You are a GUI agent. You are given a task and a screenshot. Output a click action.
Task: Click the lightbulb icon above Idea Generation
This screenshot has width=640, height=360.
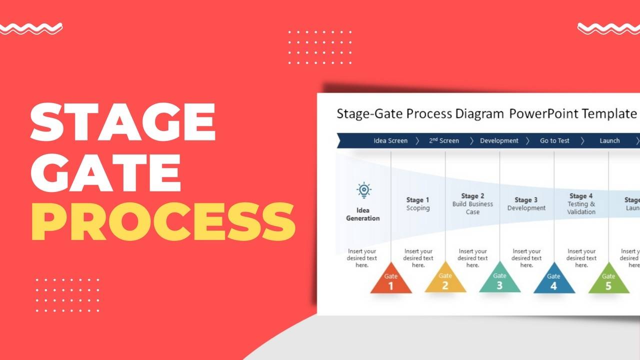click(363, 190)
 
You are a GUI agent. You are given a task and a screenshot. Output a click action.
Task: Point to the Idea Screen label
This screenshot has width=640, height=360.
click(390, 141)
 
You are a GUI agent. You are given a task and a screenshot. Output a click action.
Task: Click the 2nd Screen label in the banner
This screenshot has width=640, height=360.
click(444, 141)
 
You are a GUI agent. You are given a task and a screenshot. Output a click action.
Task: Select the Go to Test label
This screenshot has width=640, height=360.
click(554, 141)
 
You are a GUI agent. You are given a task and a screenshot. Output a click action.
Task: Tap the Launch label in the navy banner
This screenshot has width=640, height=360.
click(609, 141)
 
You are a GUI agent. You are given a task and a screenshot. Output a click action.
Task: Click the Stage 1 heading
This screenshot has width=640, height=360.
click(418, 200)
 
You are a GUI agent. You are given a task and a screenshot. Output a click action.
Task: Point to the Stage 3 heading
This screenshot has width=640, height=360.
click(526, 200)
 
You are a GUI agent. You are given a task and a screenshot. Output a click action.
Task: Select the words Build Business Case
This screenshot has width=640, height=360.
click(472, 208)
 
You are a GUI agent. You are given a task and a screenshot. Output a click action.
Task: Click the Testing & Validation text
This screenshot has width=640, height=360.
click(581, 208)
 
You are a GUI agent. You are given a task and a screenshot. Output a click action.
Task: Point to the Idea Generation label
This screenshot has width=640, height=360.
click(363, 214)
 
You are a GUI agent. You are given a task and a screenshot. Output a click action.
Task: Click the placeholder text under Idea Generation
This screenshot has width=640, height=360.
click(362, 258)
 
